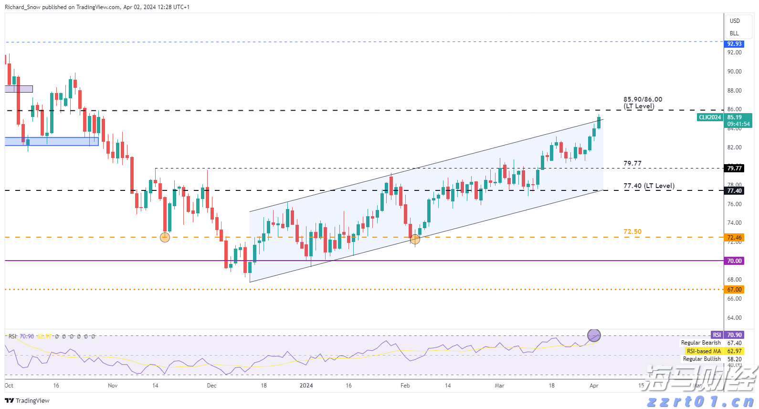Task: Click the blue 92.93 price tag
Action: click(734, 44)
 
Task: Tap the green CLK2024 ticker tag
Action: click(710, 117)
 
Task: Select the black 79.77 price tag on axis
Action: click(734, 168)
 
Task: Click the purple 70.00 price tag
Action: click(734, 261)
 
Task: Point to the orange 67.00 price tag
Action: click(734, 290)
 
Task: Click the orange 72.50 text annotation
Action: click(632, 231)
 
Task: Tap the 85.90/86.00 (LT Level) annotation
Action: click(642, 103)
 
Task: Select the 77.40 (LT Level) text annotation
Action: click(649, 186)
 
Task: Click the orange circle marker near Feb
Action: click(415, 240)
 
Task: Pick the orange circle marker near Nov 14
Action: click(165, 237)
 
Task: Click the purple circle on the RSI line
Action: click(594, 336)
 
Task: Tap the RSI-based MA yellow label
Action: click(704, 351)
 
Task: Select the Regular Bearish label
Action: click(701, 343)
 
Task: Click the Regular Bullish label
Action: click(702, 359)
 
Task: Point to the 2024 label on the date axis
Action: click(306, 386)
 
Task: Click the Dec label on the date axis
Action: click(211, 386)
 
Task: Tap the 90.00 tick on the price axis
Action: click(734, 72)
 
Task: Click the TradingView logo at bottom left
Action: click(27, 400)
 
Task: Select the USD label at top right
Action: click(735, 21)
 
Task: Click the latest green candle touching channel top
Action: click(599, 123)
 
